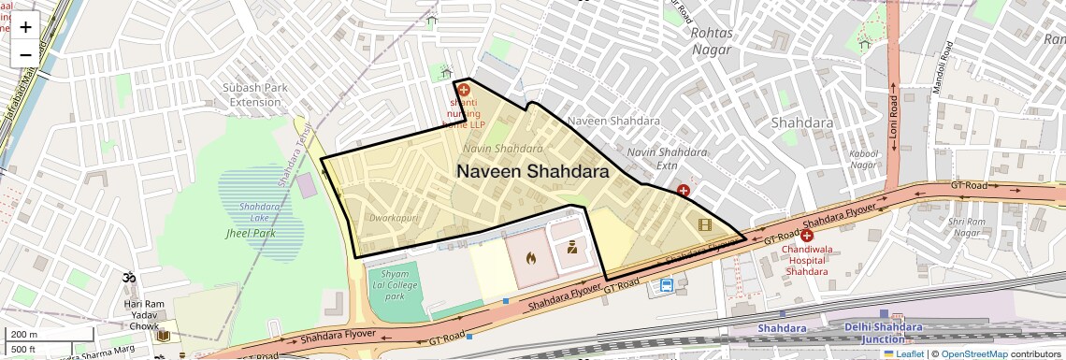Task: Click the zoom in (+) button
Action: point(25,26)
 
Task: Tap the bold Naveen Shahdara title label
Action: point(532,172)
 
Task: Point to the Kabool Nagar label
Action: point(862,159)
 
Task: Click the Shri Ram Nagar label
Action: point(968,227)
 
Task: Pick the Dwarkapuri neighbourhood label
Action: point(394,218)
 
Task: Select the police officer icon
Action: point(571,248)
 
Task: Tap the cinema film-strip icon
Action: point(704,224)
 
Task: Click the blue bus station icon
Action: point(667,285)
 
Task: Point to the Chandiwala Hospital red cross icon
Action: point(806,237)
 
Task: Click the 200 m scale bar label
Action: point(25,335)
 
